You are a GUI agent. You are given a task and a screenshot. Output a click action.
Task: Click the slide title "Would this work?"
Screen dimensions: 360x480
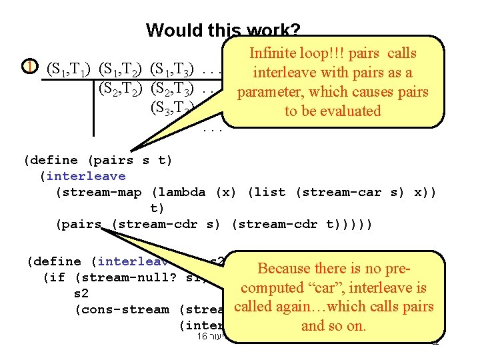223,30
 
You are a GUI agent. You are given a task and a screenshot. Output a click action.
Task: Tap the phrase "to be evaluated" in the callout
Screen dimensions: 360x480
333,111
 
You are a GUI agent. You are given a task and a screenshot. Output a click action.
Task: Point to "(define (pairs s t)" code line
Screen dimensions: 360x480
97,160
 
